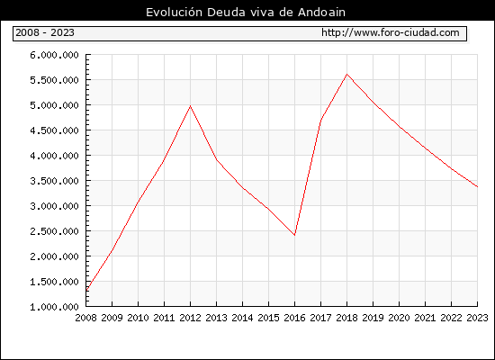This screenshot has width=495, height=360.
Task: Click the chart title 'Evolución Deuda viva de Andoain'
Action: click(x=246, y=13)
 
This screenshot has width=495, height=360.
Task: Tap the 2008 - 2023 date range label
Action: click(x=45, y=32)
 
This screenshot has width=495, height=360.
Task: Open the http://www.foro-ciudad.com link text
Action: click(x=391, y=32)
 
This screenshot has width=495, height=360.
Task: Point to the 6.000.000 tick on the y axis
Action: click(x=54, y=55)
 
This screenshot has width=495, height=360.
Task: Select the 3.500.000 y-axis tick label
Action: click(x=54, y=181)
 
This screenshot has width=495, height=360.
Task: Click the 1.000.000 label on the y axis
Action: click(x=54, y=307)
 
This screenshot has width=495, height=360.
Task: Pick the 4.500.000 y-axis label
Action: click(x=54, y=130)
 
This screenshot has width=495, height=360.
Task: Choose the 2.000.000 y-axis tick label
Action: click(x=54, y=256)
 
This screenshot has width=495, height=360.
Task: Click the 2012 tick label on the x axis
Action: click(x=191, y=318)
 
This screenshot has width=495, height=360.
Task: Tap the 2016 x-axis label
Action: click(x=294, y=318)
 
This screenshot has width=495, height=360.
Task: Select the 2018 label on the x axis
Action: click(x=346, y=318)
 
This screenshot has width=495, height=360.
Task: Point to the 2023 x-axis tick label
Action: click(x=477, y=318)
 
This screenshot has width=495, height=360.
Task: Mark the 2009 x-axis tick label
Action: click(x=112, y=318)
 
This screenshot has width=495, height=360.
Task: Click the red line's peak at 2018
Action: click(x=346, y=74)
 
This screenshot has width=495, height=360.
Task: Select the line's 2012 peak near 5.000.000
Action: click(x=191, y=106)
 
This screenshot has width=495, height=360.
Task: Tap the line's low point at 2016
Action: click(x=294, y=235)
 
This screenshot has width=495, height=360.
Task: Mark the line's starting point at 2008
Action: click(x=86, y=291)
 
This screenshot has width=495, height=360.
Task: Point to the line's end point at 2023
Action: click(x=477, y=186)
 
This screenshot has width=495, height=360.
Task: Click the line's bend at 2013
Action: click(x=217, y=160)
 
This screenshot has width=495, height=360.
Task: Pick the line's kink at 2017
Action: click(x=320, y=120)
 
